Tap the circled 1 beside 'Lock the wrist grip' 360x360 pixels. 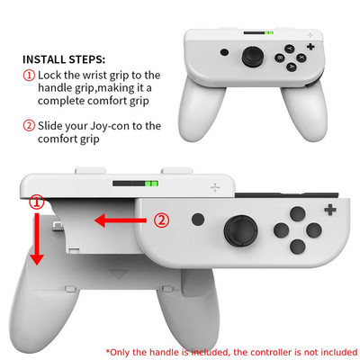[30, 75]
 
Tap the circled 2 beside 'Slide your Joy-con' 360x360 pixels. [30, 126]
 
